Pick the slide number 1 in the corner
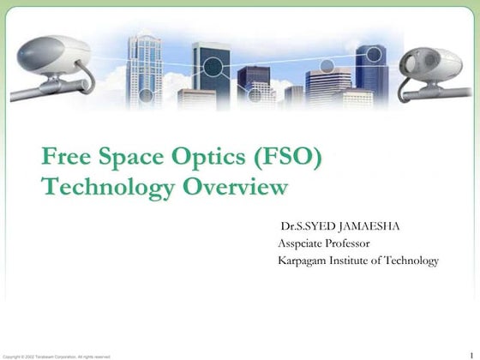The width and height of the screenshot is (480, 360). click(x=471, y=346)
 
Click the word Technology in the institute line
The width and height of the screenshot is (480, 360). click(x=411, y=261)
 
